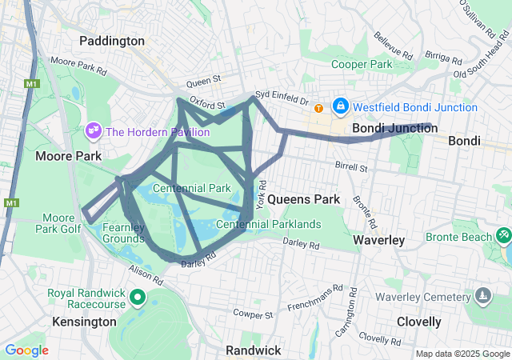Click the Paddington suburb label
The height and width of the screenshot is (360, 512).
(112, 41)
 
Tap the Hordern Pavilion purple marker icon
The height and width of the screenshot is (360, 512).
(93, 130)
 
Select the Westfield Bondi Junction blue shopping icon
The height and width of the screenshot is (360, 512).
(341, 106)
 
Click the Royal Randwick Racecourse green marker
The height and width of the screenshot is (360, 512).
(137, 299)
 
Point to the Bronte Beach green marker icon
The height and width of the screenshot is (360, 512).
(503, 236)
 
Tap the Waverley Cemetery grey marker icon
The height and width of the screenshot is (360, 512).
(482, 297)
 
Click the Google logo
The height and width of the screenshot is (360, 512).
(26, 350)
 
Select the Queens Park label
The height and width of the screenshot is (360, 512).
(304, 198)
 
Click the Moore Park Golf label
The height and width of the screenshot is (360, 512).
(58, 223)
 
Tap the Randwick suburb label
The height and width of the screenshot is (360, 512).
(253, 350)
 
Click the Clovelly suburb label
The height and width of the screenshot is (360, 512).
(418, 322)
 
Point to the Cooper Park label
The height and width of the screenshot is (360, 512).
(362, 64)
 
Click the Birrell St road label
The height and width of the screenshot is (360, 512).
(351, 169)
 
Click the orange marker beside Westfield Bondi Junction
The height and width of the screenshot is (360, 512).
(318, 108)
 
